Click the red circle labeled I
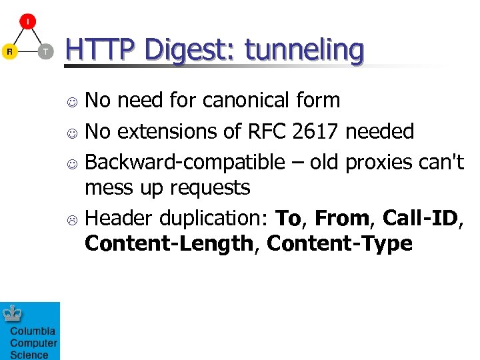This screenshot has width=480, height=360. [27, 21]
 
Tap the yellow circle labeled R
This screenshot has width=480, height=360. [9, 51]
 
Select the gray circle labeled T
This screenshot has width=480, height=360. [45, 51]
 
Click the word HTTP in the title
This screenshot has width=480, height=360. [100, 50]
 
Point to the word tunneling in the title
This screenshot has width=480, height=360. [304, 50]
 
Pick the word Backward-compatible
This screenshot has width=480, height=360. [185, 162]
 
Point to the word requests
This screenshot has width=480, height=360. [210, 189]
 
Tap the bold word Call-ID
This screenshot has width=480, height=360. [421, 217]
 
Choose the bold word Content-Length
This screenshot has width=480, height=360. [169, 244]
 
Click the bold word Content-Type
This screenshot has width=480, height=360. [339, 244]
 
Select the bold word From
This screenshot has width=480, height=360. [342, 218]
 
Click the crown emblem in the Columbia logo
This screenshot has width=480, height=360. [11, 313]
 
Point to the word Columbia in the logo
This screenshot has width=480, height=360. [33, 331]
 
